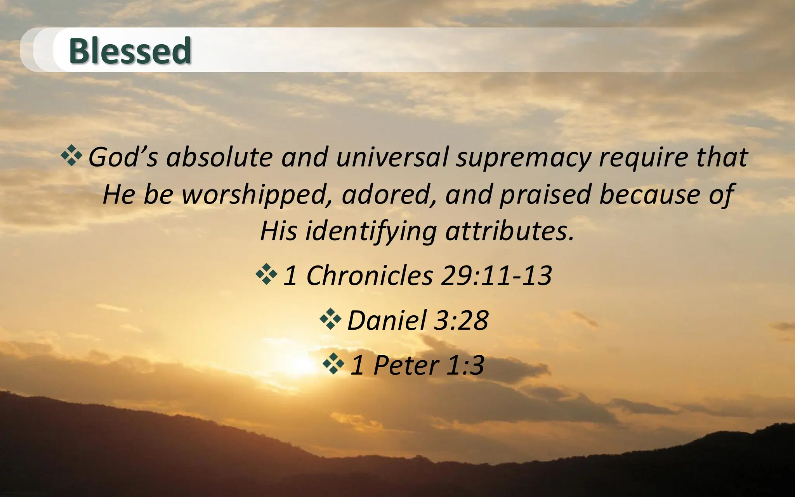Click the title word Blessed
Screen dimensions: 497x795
click(130, 51)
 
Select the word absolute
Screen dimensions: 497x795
click(220, 157)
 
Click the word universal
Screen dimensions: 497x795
click(392, 157)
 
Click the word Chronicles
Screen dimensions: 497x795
click(370, 276)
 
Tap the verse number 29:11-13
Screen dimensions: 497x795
click(496, 276)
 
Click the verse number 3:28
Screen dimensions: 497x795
click(461, 320)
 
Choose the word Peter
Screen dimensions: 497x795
click(406, 365)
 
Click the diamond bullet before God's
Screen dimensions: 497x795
click(71, 156)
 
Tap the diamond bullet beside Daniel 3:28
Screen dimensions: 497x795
click(330, 319)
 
